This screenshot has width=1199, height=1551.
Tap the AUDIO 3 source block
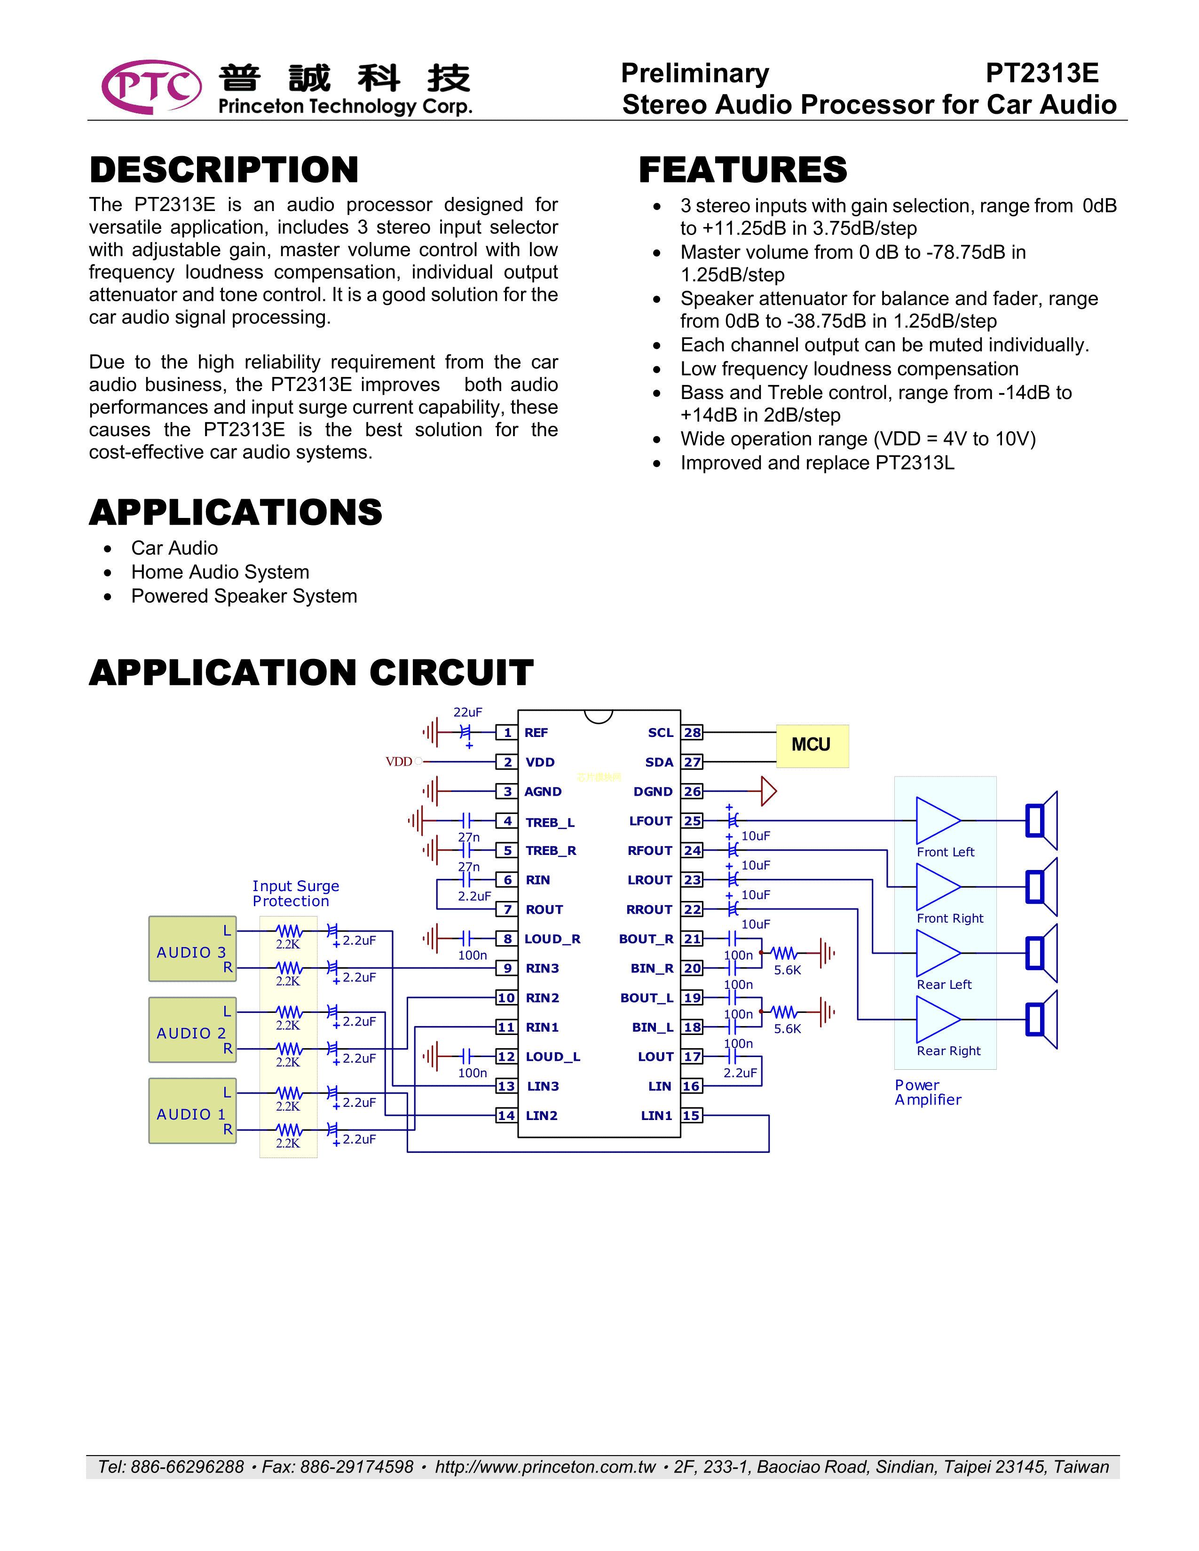[192, 949]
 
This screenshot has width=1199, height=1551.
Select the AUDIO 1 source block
[192, 1111]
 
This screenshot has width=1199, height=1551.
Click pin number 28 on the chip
[692, 732]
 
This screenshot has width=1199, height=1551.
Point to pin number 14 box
[506, 1115]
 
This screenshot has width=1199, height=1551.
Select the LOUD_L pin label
[552, 1057]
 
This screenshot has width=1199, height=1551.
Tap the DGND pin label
[652, 791]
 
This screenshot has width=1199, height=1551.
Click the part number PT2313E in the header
[1041, 73]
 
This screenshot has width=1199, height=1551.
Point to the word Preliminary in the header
[694, 73]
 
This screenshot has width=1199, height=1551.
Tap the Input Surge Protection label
[295, 893]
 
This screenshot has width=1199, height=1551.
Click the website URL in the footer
[545, 1466]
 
